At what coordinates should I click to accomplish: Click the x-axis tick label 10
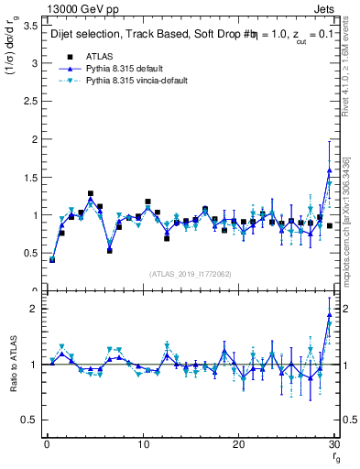coord(142,444)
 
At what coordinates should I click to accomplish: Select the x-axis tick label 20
coord(238,444)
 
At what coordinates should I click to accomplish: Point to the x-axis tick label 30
coord(333,444)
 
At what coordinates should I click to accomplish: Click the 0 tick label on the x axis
coord(46,444)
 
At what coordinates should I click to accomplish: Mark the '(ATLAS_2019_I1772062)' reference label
coord(190,273)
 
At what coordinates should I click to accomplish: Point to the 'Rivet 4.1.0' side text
coord(352,73)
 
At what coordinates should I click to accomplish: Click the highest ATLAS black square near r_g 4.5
coord(91,194)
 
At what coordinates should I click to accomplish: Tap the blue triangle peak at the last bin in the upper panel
coord(330,170)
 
